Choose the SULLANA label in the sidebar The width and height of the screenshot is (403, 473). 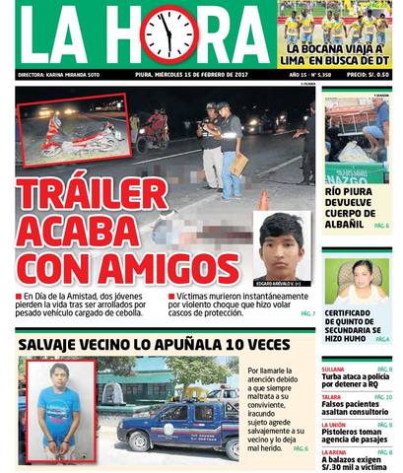pos(333,369)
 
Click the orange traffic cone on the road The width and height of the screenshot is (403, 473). pos(263,200)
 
